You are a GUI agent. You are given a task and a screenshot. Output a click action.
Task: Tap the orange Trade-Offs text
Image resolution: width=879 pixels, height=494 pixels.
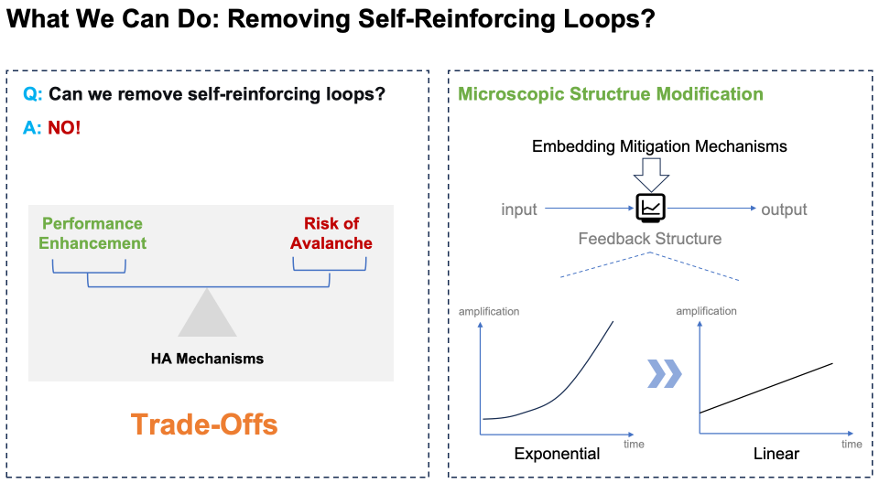coord(203,424)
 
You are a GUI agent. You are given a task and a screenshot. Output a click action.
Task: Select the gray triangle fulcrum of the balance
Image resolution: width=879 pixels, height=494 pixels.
coord(209,313)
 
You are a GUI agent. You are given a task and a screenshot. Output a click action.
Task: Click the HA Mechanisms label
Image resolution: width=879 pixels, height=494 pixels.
coord(207,359)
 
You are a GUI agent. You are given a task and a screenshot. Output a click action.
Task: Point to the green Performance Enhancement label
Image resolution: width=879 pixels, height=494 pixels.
coord(92,233)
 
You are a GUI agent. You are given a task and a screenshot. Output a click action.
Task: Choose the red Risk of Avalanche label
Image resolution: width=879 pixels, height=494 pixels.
coord(331,233)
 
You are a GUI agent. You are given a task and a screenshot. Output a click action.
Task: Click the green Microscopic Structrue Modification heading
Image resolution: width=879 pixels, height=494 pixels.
coord(611,94)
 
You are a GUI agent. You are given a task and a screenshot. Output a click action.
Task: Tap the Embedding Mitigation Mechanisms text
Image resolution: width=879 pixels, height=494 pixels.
coord(659,146)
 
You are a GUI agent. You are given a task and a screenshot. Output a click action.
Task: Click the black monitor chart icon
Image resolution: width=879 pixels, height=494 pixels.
coord(650,209)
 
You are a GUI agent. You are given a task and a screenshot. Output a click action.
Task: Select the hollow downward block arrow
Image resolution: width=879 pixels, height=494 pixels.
coord(652,173)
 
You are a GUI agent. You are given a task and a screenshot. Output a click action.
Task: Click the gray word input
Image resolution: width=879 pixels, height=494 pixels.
coord(519,209)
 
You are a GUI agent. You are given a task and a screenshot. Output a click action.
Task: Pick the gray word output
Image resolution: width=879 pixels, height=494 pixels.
coord(784,209)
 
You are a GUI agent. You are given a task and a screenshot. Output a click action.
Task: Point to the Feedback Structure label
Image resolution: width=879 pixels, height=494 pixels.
coord(650,239)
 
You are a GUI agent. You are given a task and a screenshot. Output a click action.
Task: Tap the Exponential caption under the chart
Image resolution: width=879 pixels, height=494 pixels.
coord(557,454)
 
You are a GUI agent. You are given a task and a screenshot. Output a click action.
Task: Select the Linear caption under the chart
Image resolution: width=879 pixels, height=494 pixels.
coord(776,454)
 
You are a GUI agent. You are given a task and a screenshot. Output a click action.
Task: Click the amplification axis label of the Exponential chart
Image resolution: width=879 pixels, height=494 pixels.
coord(489,311)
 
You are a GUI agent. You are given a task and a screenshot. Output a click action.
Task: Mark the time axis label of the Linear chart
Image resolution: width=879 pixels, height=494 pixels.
coord(852,444)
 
